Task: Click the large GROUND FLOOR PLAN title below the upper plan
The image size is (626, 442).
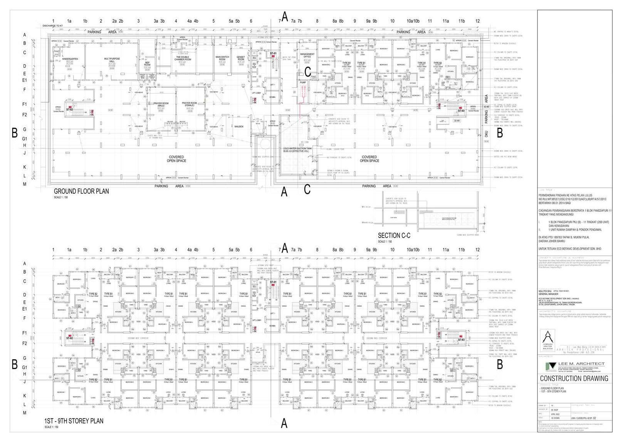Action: point(81,191)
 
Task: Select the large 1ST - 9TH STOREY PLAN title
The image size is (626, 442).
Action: point(74,421)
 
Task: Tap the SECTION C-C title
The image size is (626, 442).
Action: point(394,236)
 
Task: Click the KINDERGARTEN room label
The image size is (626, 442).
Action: point(70,59)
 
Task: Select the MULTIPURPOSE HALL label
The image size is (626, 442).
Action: point(112,60)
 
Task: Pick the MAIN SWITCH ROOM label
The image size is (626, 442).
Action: point(222,58)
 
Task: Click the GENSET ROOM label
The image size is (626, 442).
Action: point(241,58)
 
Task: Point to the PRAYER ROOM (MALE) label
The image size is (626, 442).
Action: point(161,104)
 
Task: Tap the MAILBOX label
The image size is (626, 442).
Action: point(239,126)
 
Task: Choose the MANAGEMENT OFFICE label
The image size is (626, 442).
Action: point(307,55)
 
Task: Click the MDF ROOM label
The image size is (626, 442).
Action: point(147,64)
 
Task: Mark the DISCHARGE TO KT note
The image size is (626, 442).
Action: point(52,26)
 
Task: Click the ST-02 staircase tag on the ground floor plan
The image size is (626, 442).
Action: point(69,110)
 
